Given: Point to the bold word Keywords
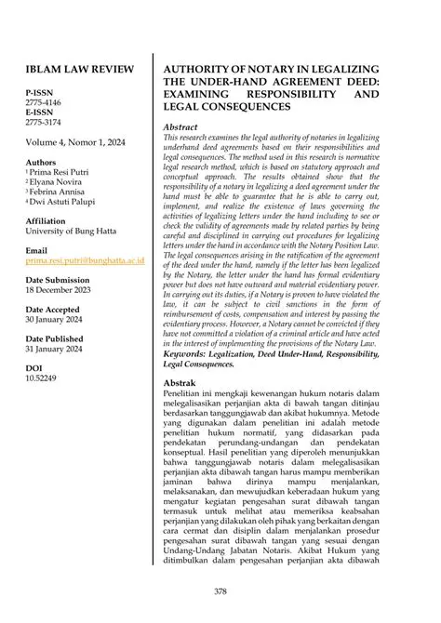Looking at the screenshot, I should [189, 353].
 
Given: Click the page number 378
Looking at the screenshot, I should [220, 591].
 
